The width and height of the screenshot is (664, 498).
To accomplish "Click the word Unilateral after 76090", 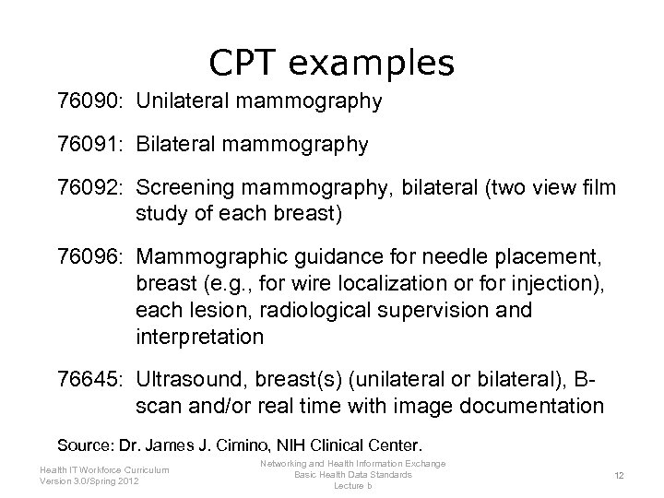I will click(184, 101).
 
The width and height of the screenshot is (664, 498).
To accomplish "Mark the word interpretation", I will click(199, 338).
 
